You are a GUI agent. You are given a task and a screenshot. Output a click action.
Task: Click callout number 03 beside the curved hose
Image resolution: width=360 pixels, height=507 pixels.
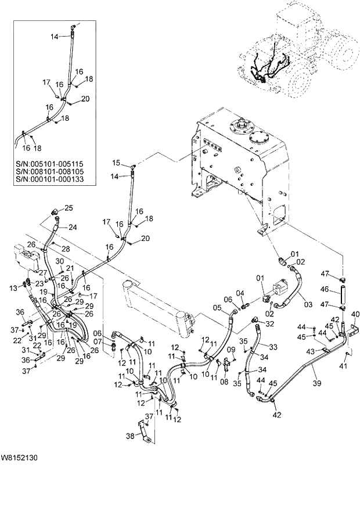pos(308,304)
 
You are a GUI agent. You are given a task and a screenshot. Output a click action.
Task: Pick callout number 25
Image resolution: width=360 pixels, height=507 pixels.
pos(69,208)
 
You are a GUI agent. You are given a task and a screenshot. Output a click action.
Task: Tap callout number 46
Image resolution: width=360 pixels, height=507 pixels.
pos(325,289)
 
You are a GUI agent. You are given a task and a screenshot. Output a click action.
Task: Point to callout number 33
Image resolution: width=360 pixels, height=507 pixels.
pos(273,347)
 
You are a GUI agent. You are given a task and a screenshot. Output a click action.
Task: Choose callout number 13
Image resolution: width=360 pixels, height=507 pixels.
pos(14,288)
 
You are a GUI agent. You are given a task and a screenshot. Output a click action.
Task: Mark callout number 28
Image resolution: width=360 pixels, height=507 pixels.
pos(66,249)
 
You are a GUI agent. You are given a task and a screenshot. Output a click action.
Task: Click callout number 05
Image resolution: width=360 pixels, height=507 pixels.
pos(217,308)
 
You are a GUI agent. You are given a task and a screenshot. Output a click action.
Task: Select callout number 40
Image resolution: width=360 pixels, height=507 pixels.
pos(355,314)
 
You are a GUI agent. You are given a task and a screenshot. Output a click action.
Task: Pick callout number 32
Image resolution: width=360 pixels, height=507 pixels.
pos(269,323)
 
